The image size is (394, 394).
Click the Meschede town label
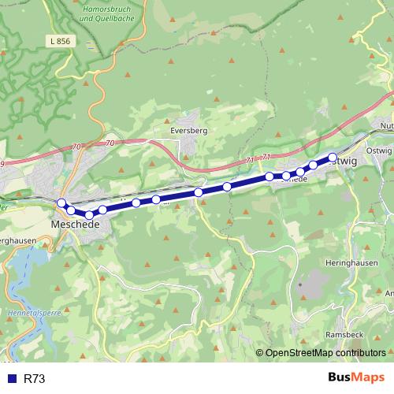pos(74,225)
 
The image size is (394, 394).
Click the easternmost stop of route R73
pos(333,158)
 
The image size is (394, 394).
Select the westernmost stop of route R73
pos(61,203)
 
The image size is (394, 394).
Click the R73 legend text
pos(35,379)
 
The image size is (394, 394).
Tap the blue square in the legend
pos(12,379)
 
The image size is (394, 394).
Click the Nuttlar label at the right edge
pos(386,126)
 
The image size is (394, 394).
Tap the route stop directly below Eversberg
pos(199,192)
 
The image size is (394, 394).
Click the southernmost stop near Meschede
pos(89,214)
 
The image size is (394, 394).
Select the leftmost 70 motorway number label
pos(76,146)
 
